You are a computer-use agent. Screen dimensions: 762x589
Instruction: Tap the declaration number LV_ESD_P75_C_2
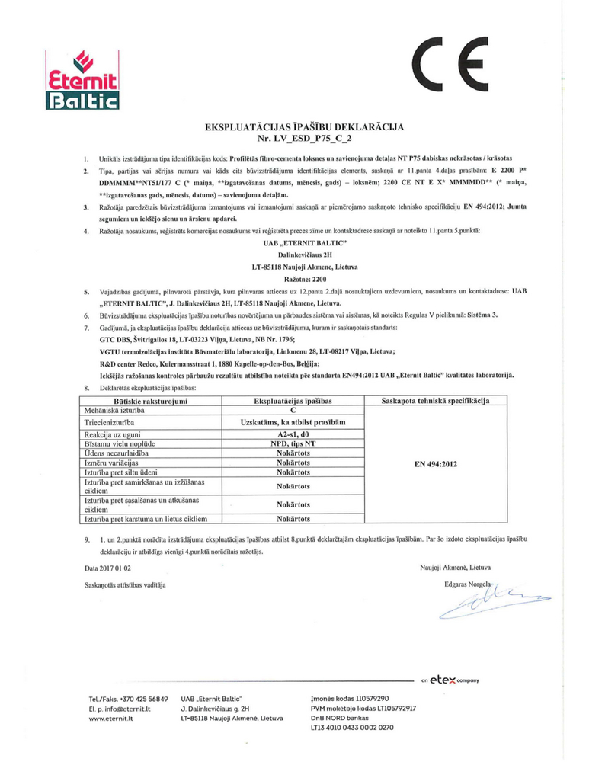click(x=294, y=139)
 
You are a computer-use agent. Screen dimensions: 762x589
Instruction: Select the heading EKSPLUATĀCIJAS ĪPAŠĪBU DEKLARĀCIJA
click(x=293, y=126)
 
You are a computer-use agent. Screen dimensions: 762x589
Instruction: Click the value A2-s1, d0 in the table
click(x=293, y=433)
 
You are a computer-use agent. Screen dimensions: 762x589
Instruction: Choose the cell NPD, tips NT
click(x=293, y=443)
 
